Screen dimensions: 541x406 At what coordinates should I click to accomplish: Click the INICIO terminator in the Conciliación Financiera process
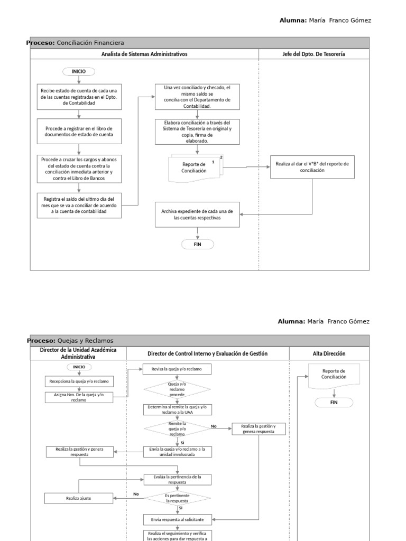click(79, 71)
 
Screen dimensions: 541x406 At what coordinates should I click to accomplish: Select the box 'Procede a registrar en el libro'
click(79, 132)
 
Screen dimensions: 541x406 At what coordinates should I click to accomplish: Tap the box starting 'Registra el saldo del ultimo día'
click(79, 205)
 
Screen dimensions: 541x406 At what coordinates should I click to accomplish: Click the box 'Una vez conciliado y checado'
click(197, 97)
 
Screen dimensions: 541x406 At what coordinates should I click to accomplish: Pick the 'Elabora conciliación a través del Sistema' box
click(197, 132)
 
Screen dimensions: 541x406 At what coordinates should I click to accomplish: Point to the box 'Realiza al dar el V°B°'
click(312, 167)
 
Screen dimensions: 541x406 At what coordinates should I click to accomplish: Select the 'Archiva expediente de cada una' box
click(197, 214)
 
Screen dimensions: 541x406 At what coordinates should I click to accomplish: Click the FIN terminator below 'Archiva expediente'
click(197, 244)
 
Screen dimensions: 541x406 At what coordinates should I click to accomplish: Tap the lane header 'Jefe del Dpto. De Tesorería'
click(313, 54)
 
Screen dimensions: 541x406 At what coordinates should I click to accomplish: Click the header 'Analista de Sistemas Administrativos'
click(144, 54)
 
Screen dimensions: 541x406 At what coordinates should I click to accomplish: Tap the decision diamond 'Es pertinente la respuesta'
click(177, 498)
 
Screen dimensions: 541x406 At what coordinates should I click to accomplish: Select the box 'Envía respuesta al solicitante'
click(177, 519)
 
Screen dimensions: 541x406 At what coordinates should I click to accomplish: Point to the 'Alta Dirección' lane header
click(329, 353)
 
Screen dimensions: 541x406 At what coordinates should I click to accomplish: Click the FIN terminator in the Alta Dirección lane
click(334, 402)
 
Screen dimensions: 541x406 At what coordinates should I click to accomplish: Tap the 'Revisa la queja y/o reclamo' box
click(177, 369)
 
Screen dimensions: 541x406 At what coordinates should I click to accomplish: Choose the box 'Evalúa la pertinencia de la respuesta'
click(177, 479)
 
